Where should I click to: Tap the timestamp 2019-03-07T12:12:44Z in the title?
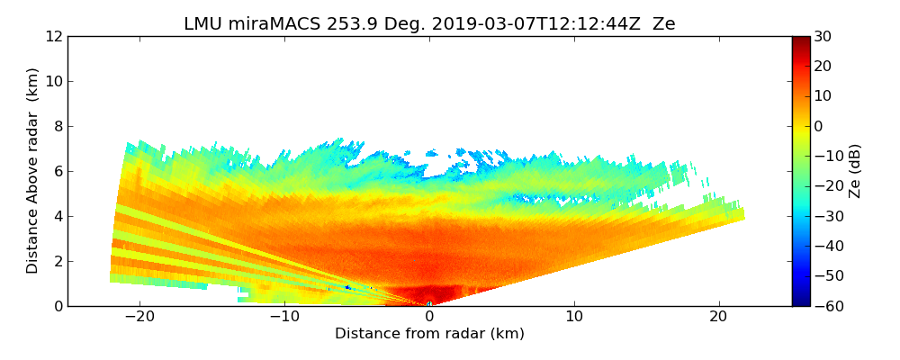[x=527, y=24]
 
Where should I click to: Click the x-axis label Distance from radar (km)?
[x=429, y=334]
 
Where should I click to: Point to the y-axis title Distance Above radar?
[x=33, y=170]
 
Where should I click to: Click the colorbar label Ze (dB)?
[x=856, y=170]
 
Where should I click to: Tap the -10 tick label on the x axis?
[x=283, y=317]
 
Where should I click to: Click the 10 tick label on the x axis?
[x=574, y=317]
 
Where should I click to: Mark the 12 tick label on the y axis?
[x=53, y=37]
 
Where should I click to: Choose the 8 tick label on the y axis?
[x=58, y=127]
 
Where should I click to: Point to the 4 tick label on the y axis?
[x=58, y=217]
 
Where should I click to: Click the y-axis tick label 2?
[x=58, y=262]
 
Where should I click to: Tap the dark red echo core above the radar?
[x=430, y=295]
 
